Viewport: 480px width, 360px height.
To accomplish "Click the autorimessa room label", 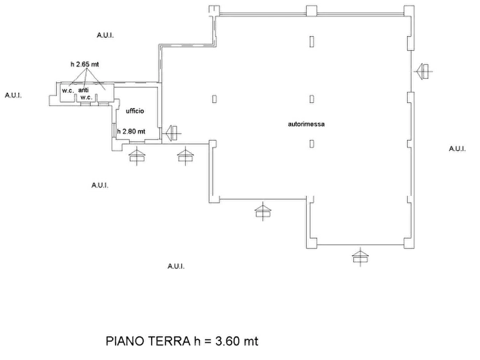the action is pyautogui.click(x=306, y=124).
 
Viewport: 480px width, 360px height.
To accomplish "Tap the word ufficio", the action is pyautogui.click(x=135, y=111).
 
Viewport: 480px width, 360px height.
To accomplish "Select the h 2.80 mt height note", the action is pyautogui.click(x=131, y=131).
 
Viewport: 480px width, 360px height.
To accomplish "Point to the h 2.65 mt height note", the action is pyautogui.click(x=85, y=64).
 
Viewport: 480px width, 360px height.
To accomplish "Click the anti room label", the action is pyautogui.click(x=83, y=90).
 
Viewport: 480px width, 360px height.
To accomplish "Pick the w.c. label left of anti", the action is pyautogui.click(x=68, y=91).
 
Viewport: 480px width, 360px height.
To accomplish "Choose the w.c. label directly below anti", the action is pyautogui.click(x=87, y=98).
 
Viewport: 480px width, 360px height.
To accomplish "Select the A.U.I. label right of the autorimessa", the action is pyautogui.click(x=457, y=149).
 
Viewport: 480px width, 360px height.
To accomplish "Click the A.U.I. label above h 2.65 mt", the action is pyautogui.click(x=105, y=35).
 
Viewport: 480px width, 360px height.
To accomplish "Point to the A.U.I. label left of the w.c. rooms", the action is pyautogui.click(x=13, y=96).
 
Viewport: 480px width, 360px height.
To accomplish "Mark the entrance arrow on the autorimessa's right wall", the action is pyautogui.click(x=424, y=71).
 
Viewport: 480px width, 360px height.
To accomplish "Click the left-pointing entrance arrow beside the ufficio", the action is pyautogui.click(x=173, y=133).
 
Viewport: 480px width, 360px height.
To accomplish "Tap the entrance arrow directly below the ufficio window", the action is pyautogui.click(x=137, y=156).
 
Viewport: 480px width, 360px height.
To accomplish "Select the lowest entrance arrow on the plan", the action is pyautogui.click(x=360, y=256).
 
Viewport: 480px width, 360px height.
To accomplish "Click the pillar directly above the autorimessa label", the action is pyautogui.click(x=312, y=99).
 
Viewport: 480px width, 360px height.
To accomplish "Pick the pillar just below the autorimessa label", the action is pyautogui.click(x=312, y=143).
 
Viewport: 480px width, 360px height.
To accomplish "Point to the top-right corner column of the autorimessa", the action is pyautogui.click(x=409, y=11).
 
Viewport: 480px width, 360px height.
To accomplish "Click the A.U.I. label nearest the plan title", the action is pyautogui.click(x=176, y=267).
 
